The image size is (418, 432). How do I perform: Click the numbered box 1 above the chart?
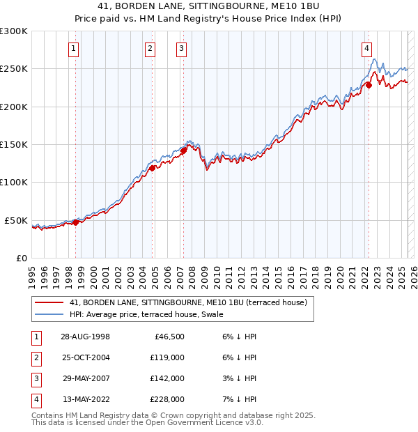pos(73,48)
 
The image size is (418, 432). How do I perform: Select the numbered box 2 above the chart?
pos(150,48)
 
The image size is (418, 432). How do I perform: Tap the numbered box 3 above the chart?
pos(181,48)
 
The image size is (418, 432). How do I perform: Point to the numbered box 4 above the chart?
pos(366,48)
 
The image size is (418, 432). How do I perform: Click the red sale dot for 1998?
pos(76,223)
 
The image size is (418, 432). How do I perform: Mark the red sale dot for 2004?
pos(152,168)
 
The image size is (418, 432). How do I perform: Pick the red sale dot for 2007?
pos(184,151)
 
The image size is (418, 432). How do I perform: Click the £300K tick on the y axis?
pos(14,31)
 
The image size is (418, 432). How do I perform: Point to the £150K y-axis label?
pos(14,144)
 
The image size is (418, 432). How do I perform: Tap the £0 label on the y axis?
pos(22,258)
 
